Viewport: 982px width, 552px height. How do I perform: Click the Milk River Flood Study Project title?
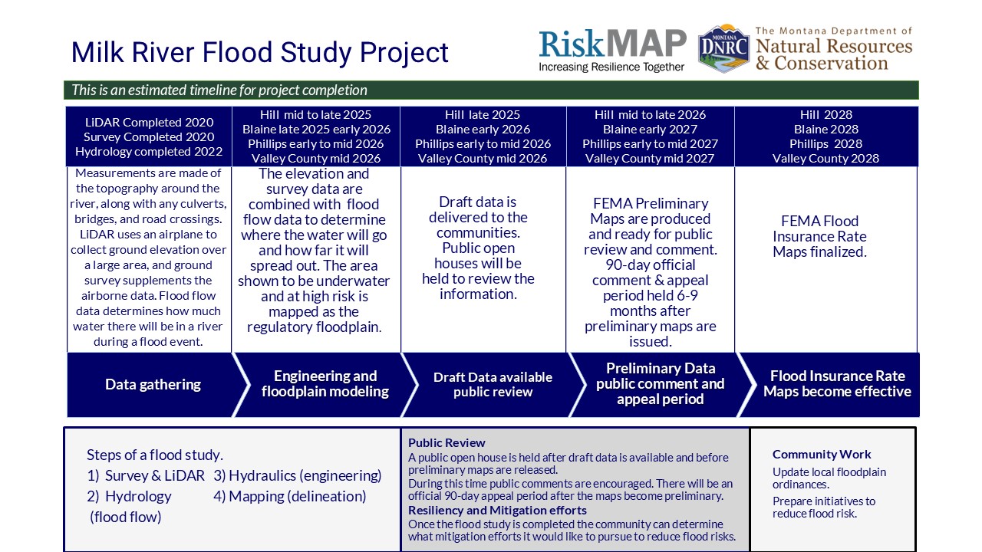point(259,53)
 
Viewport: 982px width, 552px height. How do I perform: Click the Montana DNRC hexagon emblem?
point(723,48)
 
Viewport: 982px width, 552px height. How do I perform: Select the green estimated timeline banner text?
point(219,90)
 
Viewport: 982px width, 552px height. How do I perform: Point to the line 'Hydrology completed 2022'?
point(149,152)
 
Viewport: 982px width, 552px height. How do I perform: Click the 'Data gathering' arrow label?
point(153,384)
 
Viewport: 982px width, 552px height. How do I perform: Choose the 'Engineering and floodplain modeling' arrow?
point(325,384)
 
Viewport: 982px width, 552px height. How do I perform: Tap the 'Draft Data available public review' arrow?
point(493,384)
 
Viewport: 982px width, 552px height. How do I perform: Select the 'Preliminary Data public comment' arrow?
point(661,384)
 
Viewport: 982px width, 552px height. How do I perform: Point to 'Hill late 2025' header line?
point(483,115)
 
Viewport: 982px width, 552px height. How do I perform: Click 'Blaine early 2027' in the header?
point(650,130)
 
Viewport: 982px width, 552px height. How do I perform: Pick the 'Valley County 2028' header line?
point(825,158)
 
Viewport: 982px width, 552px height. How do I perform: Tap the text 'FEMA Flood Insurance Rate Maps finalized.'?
point(820,237)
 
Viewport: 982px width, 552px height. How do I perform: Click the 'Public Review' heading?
point(447,442)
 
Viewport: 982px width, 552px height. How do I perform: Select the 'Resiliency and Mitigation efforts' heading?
point(497,511)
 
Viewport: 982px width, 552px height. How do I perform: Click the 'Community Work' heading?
point(822,455)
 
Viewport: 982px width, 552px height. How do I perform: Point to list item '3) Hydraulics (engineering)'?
point(298,476)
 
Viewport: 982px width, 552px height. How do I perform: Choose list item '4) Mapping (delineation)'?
point(290,496)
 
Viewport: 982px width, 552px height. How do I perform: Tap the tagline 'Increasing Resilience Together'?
point(611,67)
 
